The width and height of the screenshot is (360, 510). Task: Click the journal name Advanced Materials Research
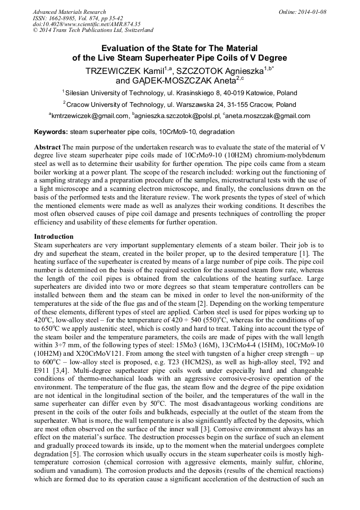pos(69,12)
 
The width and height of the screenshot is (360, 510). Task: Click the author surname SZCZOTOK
pos(207,70)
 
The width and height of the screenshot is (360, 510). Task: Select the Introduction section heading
pos(54,236)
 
